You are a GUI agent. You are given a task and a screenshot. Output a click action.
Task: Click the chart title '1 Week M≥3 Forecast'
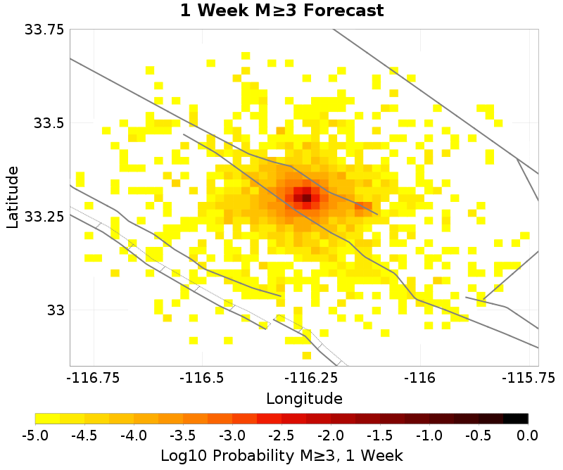[x=281, y=11]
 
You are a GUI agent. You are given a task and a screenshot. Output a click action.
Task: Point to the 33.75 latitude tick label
[x=44, y=30]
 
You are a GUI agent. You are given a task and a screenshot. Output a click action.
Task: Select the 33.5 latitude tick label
[x=49, y=123]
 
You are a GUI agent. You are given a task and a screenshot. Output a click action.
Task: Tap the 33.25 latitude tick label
[x=44, y=217]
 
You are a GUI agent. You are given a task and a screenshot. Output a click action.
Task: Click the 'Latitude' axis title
[x=13, y=197]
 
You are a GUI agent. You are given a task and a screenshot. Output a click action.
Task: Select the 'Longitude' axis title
[x=304, y=399]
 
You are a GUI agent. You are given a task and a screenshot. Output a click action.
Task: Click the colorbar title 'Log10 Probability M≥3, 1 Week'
[x=281, y=455]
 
